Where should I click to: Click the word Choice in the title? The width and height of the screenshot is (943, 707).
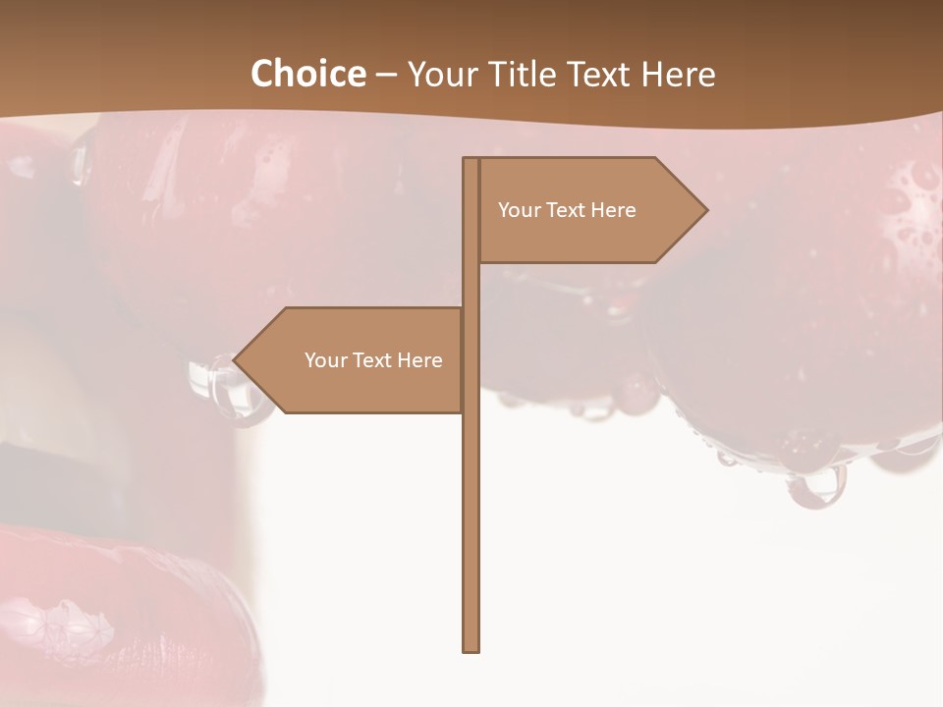307,75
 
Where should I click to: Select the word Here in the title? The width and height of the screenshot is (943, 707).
678,75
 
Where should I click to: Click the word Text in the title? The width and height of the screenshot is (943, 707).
601,75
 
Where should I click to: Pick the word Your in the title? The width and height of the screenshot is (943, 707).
440,75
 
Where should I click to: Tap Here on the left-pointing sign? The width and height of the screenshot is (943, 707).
420,360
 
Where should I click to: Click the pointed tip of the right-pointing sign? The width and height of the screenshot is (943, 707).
705,209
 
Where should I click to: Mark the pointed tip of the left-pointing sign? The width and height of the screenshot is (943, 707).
235,360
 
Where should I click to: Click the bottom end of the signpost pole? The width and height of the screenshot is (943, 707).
471,648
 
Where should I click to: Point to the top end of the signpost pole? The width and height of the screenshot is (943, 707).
471,160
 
